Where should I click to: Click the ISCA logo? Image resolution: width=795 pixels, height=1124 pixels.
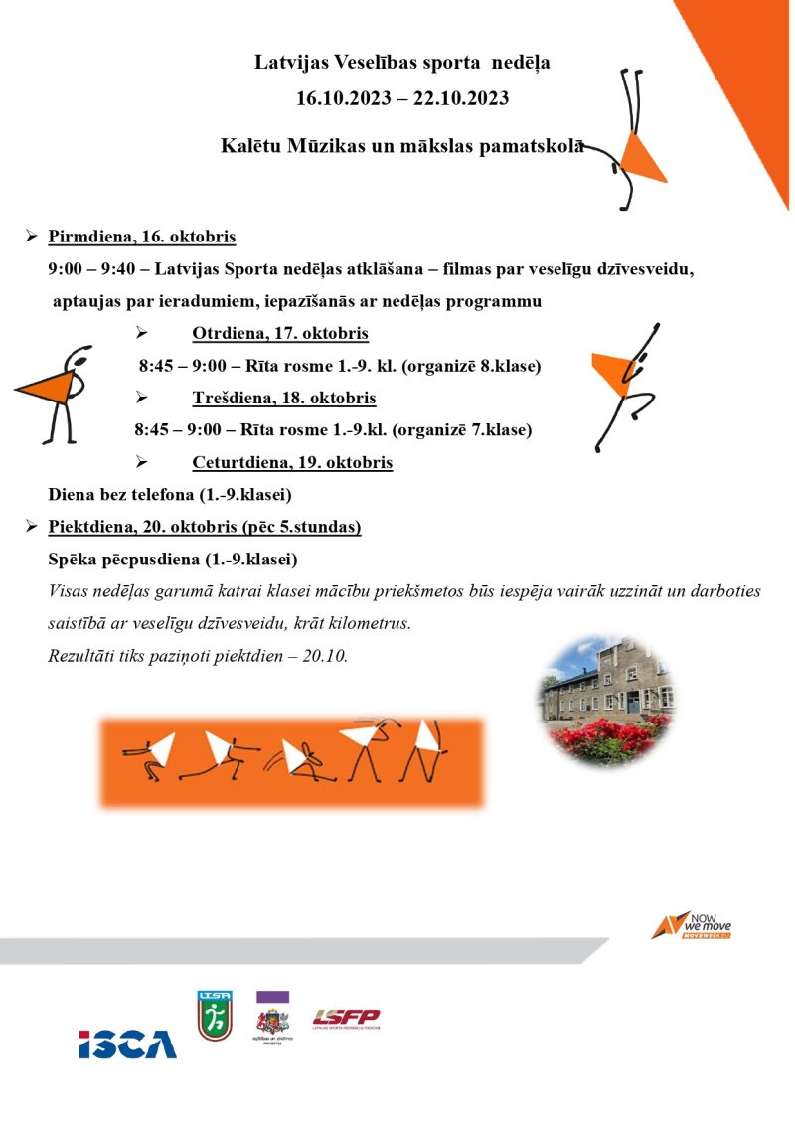[128, 1044]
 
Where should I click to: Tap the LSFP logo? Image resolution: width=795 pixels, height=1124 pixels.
[346, 1018]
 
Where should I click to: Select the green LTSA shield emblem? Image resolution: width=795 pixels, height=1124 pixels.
[215, 1016]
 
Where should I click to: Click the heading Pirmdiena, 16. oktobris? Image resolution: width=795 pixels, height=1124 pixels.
[142, 238]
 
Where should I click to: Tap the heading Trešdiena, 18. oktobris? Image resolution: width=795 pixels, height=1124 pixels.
[284, 399]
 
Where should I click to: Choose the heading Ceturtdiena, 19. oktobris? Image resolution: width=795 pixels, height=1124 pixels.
[292, 463]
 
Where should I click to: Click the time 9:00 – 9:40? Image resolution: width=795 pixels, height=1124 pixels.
[93, 270]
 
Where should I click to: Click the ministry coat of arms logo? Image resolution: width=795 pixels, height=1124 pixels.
[272, 1023]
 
